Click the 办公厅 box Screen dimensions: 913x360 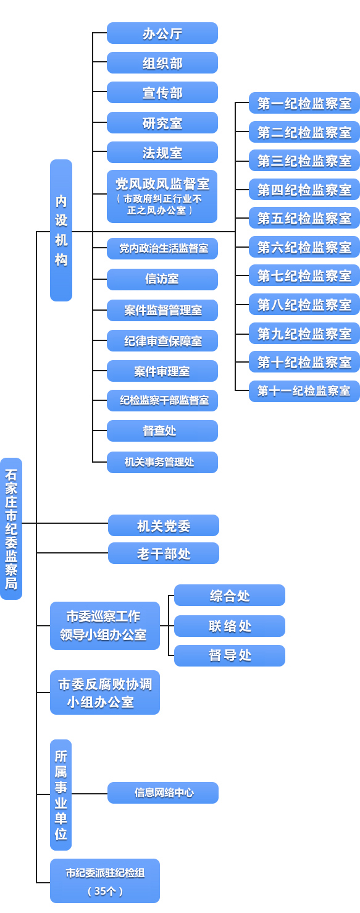(162, 33)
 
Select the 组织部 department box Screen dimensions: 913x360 (162, 63)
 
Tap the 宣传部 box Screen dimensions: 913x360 (162, 93)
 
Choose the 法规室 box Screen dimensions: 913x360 (162, 153)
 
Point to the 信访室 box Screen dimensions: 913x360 (162, 279)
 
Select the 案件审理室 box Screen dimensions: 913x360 (162, 371)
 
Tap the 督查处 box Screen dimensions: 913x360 (162, 431)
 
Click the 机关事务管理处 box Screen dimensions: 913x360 (162, 462)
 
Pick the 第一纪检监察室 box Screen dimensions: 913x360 (304, 103)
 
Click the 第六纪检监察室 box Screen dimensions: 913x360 (304, 247)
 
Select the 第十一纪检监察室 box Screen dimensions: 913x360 (304, 391)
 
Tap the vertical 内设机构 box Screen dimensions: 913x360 (61, 230)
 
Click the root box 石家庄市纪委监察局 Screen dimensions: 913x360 (11, 529)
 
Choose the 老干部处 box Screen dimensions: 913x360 (164, 553)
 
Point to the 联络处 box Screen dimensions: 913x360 (230, 626)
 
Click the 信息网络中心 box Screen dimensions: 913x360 (163, 793)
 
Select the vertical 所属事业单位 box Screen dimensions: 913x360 (61, 794)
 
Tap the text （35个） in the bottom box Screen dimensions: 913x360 (105, 891)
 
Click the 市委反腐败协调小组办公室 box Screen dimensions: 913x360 (105, 692)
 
